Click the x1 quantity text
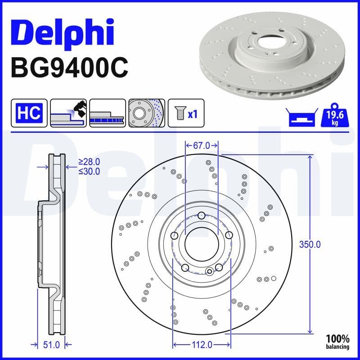point(193,114)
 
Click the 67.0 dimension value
point(202,145)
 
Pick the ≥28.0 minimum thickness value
point(89,162)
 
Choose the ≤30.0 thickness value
point(89,171)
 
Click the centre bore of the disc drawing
point(202,244)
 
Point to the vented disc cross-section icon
point(107,113)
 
